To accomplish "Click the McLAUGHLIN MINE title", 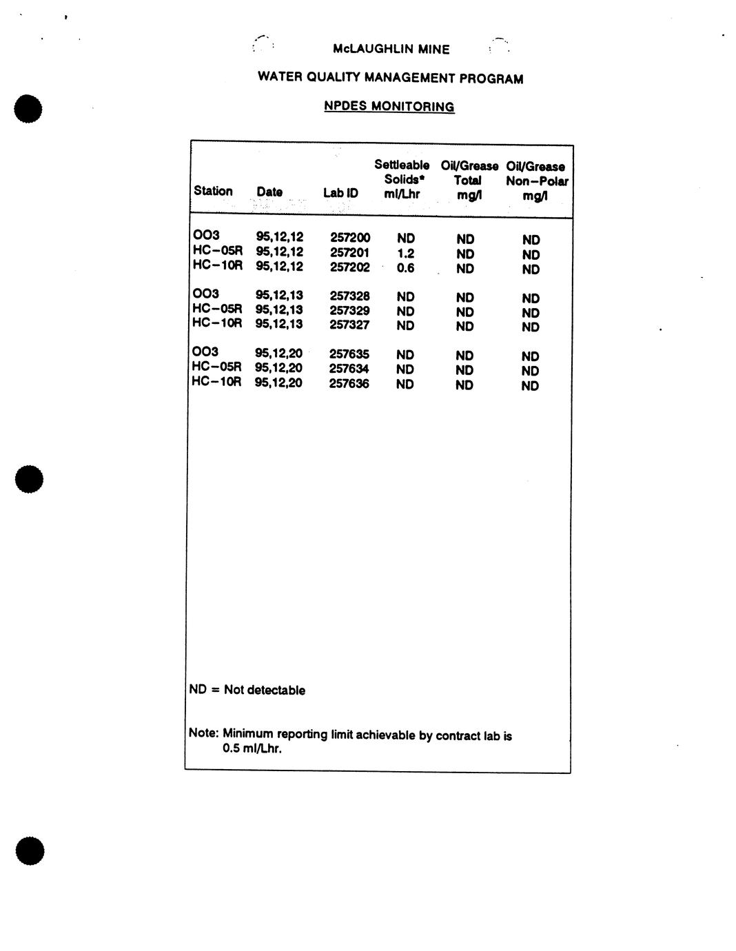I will click(391, 50).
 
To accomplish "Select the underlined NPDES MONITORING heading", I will click(389, 107).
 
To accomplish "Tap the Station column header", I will click(213, 191).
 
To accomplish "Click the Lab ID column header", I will click(340, 193).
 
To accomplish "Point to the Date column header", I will click(269, 192).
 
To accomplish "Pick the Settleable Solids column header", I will click(402, 179).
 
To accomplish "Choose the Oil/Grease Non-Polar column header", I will click(536, 181).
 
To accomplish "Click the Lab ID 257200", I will click(350, 238).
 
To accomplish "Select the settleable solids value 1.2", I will click(405, 253).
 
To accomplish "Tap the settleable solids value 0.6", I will click(405, 268).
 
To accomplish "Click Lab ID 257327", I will click(349, 325).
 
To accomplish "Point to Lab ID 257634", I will click(349, 369).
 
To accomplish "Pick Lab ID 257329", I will click(349, 311).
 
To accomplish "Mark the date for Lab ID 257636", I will click(278, 382).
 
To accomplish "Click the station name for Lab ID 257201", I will click(218, 251).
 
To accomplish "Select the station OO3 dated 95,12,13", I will click(206, 294).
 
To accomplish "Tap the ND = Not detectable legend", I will click(247, 690).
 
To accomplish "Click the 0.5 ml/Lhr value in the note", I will click(252, 748).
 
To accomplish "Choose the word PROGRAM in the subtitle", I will click(491, 79).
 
